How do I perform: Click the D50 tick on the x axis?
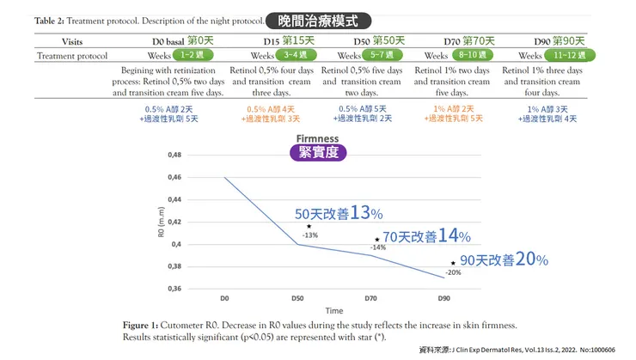[298, 298]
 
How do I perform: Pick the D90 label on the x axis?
[444, 298]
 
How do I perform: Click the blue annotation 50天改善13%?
[339, 213]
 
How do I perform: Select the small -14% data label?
[378, 248]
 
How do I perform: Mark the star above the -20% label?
[453, 263]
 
